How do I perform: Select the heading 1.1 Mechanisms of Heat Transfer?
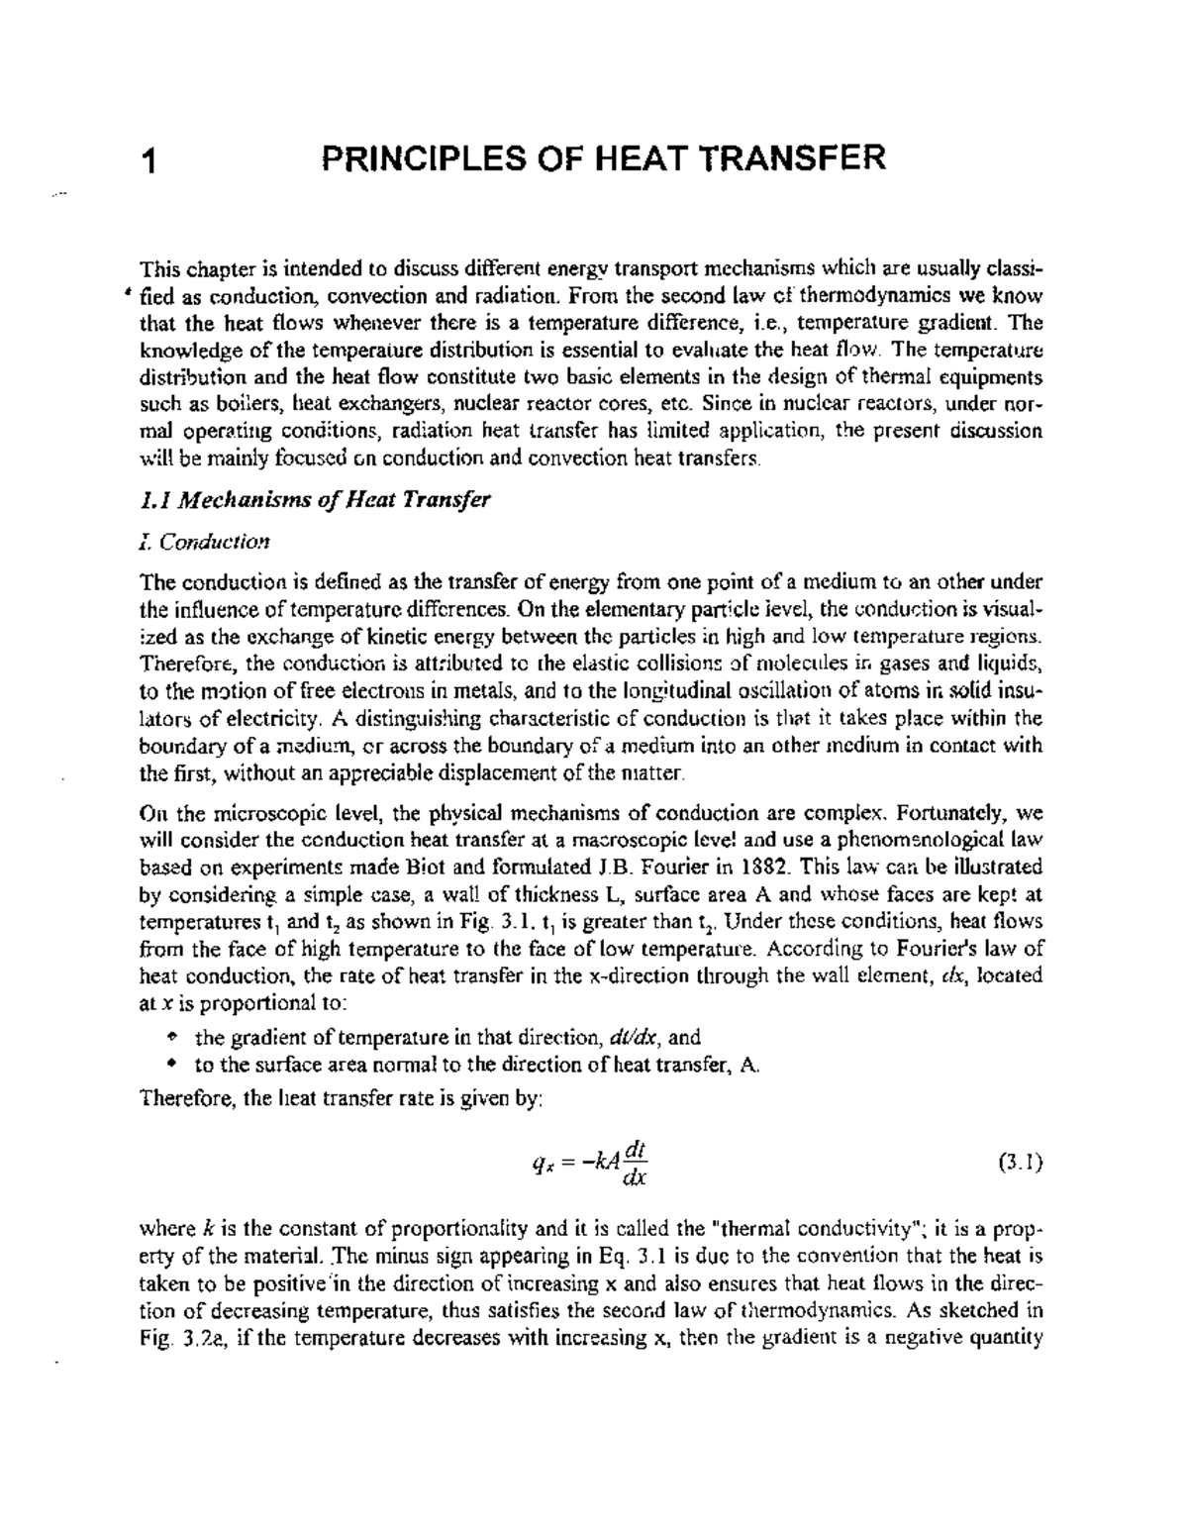(316, 500)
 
